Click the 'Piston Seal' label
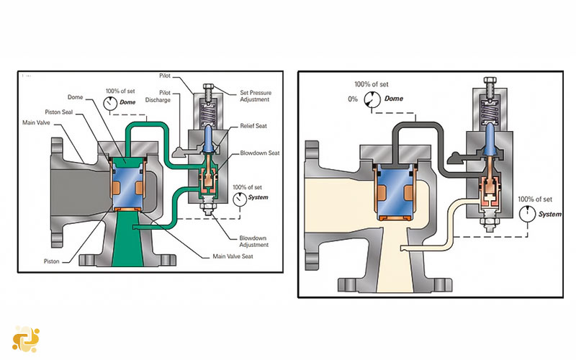tap(59, 112)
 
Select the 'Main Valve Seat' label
tap(233, 256)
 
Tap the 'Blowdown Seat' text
tap(260, 153)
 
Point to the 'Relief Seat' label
tap(253, 125)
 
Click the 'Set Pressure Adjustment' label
tap(256, 96)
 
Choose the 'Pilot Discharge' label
tap(158, 96)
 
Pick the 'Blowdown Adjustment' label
tap(254, 241)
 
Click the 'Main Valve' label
tap(36, 122)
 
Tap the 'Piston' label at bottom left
tap(51, 261)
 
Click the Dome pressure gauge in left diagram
tap(110, 104)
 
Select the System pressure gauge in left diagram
tap(240, 199)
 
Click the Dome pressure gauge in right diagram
tap(372, 99)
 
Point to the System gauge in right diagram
tap(528, 214)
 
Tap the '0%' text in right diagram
tap(353, 99)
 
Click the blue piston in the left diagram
tap(127, 185)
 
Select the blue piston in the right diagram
tap(395, 193)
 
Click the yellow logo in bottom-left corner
tap(26, 339)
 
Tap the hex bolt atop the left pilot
tap(208, 88)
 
